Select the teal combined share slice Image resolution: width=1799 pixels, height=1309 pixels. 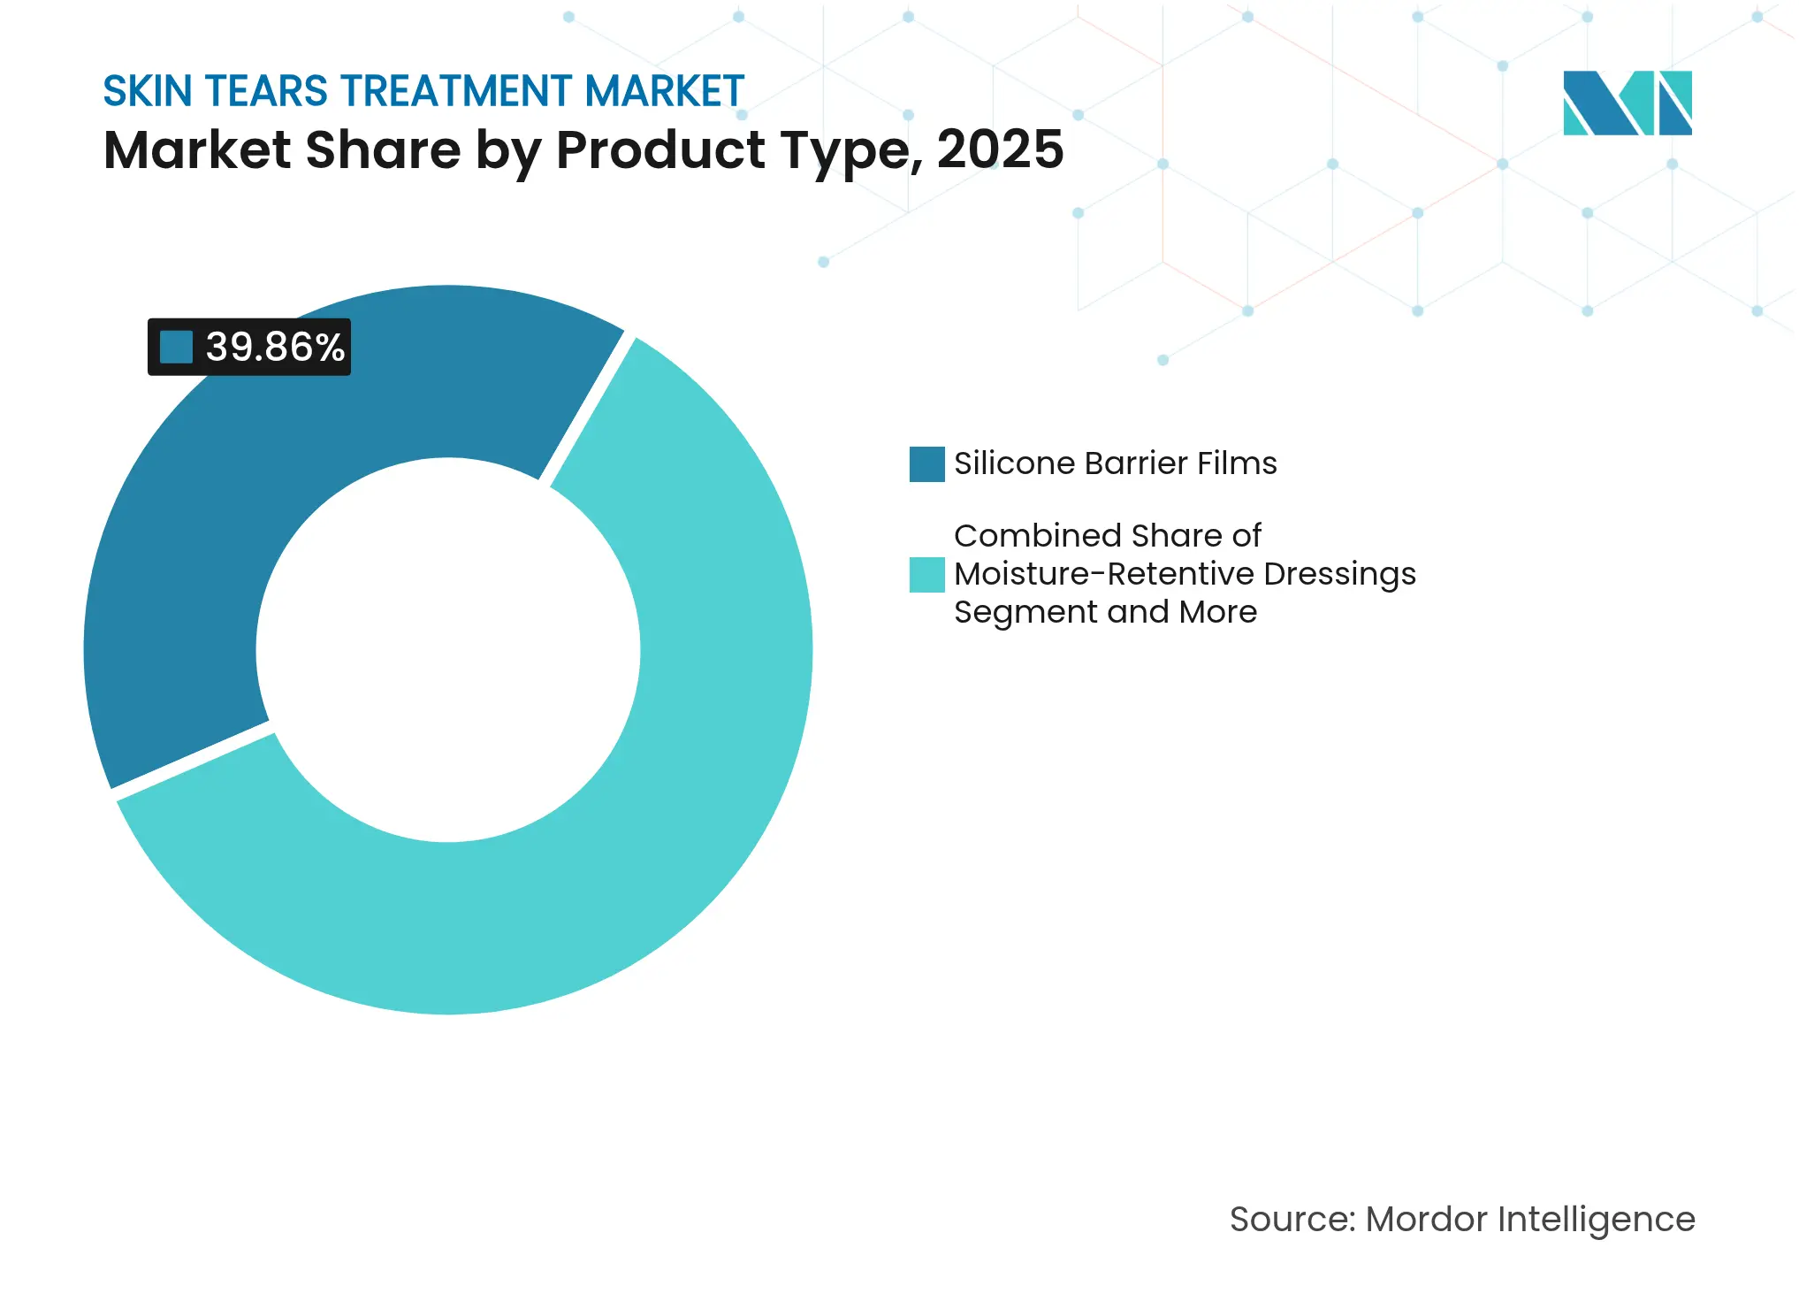tap(619, 840)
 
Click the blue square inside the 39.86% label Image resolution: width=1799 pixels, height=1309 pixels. tap(176, 347)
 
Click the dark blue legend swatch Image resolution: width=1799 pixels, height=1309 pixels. tap(926, 464)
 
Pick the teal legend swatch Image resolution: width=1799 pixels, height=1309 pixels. tap(926, 575)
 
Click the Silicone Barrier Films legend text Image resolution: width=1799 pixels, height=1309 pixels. tap(1115, 463)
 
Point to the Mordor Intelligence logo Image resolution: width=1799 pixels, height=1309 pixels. tap(1627, 103)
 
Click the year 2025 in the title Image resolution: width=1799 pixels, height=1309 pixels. tap(1000, 149)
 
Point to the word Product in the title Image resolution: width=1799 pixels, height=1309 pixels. tap(659, 149)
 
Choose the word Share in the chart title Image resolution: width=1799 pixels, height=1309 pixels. tap(383, 149)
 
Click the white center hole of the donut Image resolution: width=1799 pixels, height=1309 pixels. tap(448, 650)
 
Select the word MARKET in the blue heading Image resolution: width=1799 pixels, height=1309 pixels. tap(665, 91)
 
